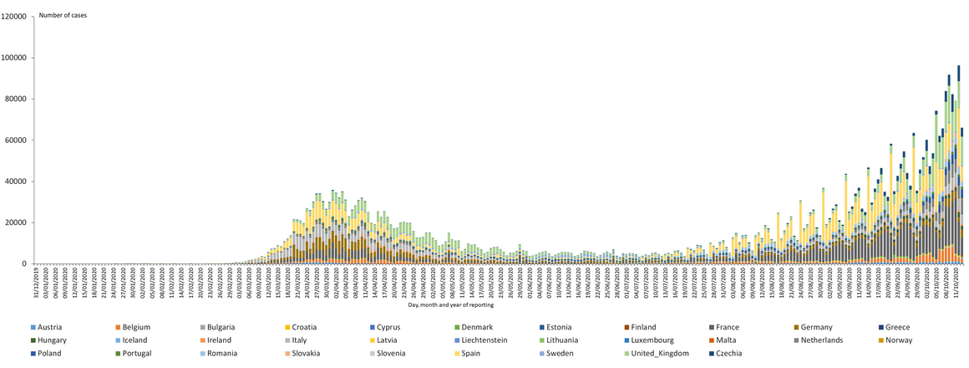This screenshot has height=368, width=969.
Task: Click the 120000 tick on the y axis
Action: pos(16,17)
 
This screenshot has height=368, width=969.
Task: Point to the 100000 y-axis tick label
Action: pos(16,58)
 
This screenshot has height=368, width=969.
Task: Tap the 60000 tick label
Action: pos(18,141)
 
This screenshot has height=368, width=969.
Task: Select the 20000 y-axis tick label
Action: pos(18,222)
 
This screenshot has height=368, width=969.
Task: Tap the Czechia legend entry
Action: pos(732,353)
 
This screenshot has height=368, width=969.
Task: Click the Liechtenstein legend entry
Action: pos(495,340)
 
